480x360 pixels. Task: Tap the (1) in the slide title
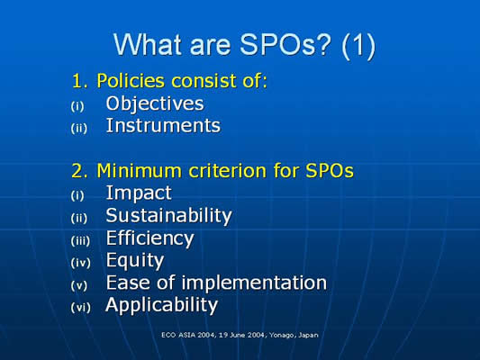pos(358,46)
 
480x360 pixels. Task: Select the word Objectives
pos(155,104)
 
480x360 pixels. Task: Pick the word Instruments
pos(163,126)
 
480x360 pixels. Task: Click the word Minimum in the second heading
pos(140,170)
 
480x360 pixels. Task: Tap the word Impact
pos(139,193)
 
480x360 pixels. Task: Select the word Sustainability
pos(169,216)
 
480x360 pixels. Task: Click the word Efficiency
pos(150,238)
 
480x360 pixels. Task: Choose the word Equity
pos(135,261)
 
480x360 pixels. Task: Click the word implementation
pos(254,283)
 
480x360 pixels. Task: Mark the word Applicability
pos(161,305)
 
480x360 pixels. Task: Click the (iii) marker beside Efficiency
pos(80,240)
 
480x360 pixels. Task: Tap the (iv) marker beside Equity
pos(81,263)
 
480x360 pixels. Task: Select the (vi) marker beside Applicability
pos(81,308)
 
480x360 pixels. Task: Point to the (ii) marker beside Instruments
pos(79,128)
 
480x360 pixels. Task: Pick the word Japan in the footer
pos(309,335)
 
